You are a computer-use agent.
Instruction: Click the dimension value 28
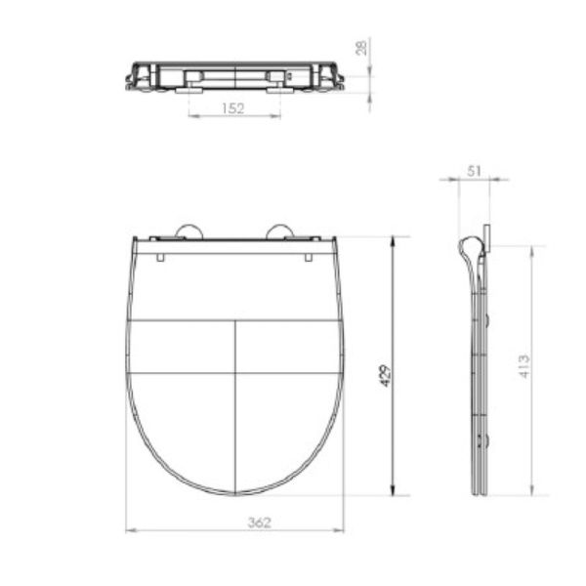coord(361,48)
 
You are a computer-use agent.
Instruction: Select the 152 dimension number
coord(233,108)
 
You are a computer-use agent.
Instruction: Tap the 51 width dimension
coord(474,170)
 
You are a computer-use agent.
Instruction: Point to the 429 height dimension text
coord(385,375)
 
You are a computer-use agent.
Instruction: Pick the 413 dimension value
coord(524,367)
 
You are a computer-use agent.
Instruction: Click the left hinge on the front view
coord(188,231)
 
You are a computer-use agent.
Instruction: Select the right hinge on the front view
coord(281,231)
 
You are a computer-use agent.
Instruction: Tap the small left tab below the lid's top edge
coord(160,257)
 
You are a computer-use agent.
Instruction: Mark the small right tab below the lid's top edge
coord(309,257)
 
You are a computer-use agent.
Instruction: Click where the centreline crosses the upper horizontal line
coord(235,320)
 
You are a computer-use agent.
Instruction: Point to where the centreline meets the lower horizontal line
coord(235,372)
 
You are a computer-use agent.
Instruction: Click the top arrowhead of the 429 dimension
coord(393,240)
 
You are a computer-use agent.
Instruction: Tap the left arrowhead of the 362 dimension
coord(131,531)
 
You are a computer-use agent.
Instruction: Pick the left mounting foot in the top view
coord(191,89)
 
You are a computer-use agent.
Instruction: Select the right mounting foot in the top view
coord(277,89)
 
